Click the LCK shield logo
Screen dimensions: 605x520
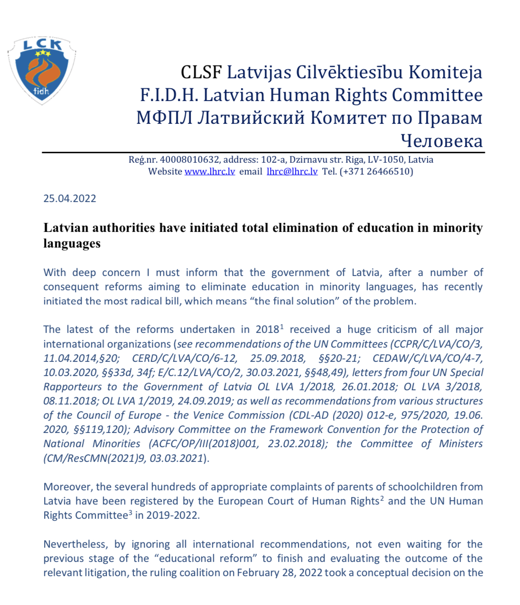click(x=42, y=70)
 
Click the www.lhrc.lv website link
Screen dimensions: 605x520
click(x=210, y=172)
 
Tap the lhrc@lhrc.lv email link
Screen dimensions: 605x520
click(x=292, y=172)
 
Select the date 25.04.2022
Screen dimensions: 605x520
click(x=70, y=199)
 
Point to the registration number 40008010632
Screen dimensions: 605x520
click(x=190, y=160)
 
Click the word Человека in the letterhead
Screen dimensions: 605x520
click(x=441, y=141)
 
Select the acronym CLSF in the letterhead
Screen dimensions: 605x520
click(x=201, y=73)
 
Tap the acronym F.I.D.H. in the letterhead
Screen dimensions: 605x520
click(x=169, y=95)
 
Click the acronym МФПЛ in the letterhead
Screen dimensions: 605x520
click(x=164, y=118)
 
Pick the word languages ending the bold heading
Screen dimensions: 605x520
click(x=72, y=244)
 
